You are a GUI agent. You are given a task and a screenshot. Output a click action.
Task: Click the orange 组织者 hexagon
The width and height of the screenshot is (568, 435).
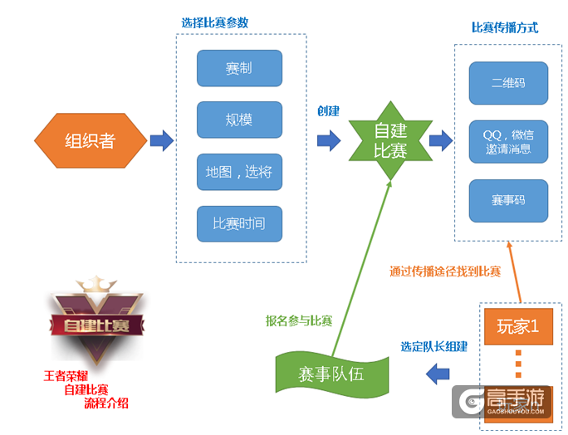click(90, 140)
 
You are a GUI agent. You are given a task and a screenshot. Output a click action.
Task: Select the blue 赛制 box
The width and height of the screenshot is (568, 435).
click(239, 68)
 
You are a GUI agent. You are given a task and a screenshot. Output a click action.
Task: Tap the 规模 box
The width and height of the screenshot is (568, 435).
click(239, 120)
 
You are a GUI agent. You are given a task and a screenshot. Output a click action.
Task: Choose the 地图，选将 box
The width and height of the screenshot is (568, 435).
click(239, 172)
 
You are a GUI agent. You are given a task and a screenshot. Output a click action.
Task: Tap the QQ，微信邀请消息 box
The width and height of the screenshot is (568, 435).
click(507, 141)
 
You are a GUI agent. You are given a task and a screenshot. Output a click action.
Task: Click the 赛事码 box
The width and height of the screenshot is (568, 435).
click(507, 200)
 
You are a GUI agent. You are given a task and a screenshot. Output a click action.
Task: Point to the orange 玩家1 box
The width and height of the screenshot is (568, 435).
click(518, 325)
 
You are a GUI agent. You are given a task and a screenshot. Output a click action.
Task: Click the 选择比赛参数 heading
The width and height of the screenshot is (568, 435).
click(214, 22)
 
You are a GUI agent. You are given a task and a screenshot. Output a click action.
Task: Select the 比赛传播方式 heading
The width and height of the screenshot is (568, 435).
click(505, 27)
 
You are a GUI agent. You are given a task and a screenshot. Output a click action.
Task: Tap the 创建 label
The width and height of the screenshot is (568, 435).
click(329, 111)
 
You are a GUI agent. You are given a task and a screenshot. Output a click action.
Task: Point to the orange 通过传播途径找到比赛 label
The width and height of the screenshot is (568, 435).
click(445, 271)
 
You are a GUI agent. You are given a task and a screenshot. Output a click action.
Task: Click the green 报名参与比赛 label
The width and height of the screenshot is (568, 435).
click(299, 320)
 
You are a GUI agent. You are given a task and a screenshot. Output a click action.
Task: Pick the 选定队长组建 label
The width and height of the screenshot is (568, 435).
click(434, 346)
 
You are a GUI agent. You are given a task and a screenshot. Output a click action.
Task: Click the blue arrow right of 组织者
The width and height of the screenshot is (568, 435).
click(161, 140)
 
